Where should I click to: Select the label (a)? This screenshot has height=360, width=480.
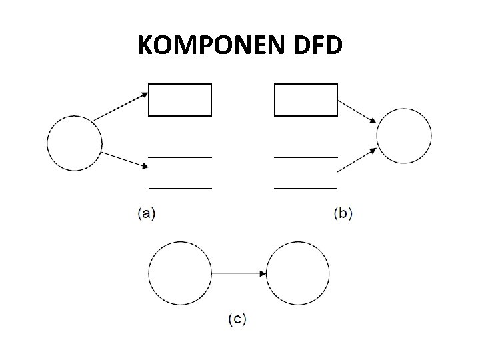(146, 213)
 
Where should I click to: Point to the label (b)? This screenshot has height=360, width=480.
(343, 213)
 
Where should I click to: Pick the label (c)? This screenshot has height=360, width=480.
(237, 320)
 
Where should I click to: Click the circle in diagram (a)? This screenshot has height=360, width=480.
(75, 142)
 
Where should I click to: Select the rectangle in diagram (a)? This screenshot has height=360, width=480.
(179, 100)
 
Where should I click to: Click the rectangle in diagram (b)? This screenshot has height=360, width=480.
(306, 100)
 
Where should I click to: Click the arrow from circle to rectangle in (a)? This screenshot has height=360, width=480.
(121, 106)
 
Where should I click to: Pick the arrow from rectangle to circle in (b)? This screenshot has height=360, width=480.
(357, 111)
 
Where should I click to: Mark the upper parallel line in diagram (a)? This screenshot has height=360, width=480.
(180, 157)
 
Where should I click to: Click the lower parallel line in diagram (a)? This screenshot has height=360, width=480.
(180, 189)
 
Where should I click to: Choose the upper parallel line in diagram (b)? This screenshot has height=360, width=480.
(306, 157)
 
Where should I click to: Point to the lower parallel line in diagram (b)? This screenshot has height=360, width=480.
(306, 189)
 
